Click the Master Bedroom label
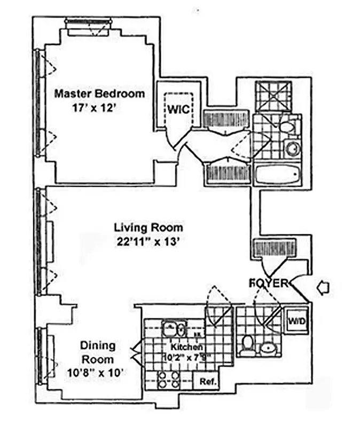(100, 94)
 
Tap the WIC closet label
(176, 109)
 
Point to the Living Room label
(148, 227)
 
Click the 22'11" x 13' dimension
(148, 241)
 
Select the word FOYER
(269, 283)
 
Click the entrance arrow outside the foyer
(323, 288)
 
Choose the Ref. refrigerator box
(207, 382)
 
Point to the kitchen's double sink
(174, 327)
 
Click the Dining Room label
(98, 352)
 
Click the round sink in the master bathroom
(293, 149)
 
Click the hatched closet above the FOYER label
(270, 248)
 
